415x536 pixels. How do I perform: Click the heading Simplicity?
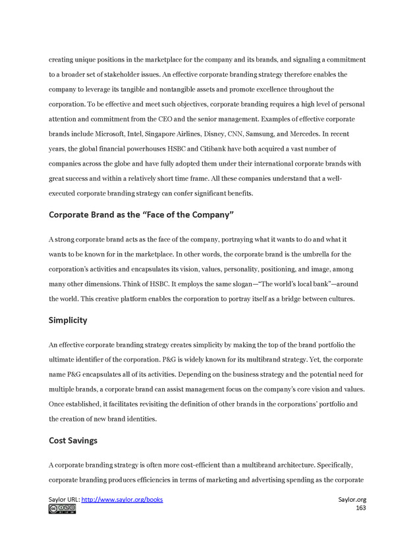68,320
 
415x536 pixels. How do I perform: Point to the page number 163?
361,508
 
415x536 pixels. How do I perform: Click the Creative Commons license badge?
62,509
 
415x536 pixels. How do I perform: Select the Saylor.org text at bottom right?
352,500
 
